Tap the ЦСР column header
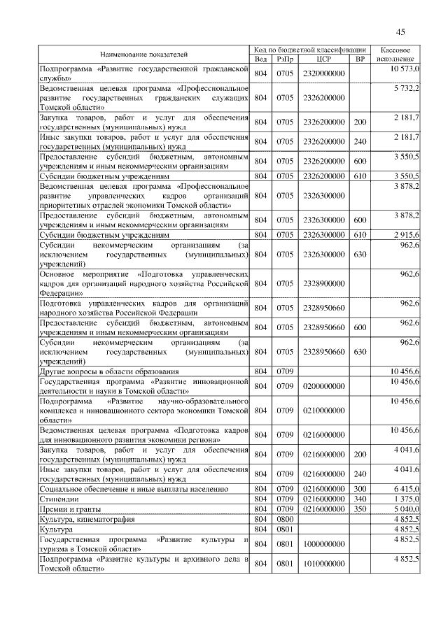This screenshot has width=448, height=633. [x=323, y=59]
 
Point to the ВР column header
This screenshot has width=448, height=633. [x=360, y=59]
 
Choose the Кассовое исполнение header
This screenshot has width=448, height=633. [x=397, y=55]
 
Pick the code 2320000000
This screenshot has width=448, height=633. [x=324, y=73]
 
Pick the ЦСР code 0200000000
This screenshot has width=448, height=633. [x=324, y=385]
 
